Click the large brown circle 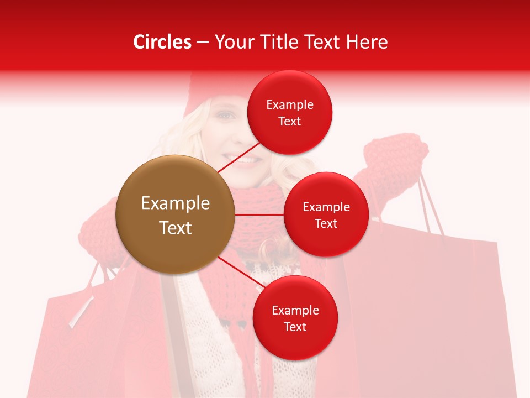[x=175, y=214]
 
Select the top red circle [x=290, y=112]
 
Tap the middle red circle [x=326, y=214]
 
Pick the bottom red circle [x=295, y=318]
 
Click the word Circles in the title [x=162, y=42]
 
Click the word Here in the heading [x=367, y=42]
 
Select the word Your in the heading [x=235, y=42]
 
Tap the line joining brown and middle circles [x=259, y=214]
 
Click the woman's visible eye [x=225, y=116]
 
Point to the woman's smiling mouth [x=248, y=160]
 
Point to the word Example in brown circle [x=175, y=203]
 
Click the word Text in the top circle [x=290, y=121]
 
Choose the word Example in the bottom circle [x=295, y=310]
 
